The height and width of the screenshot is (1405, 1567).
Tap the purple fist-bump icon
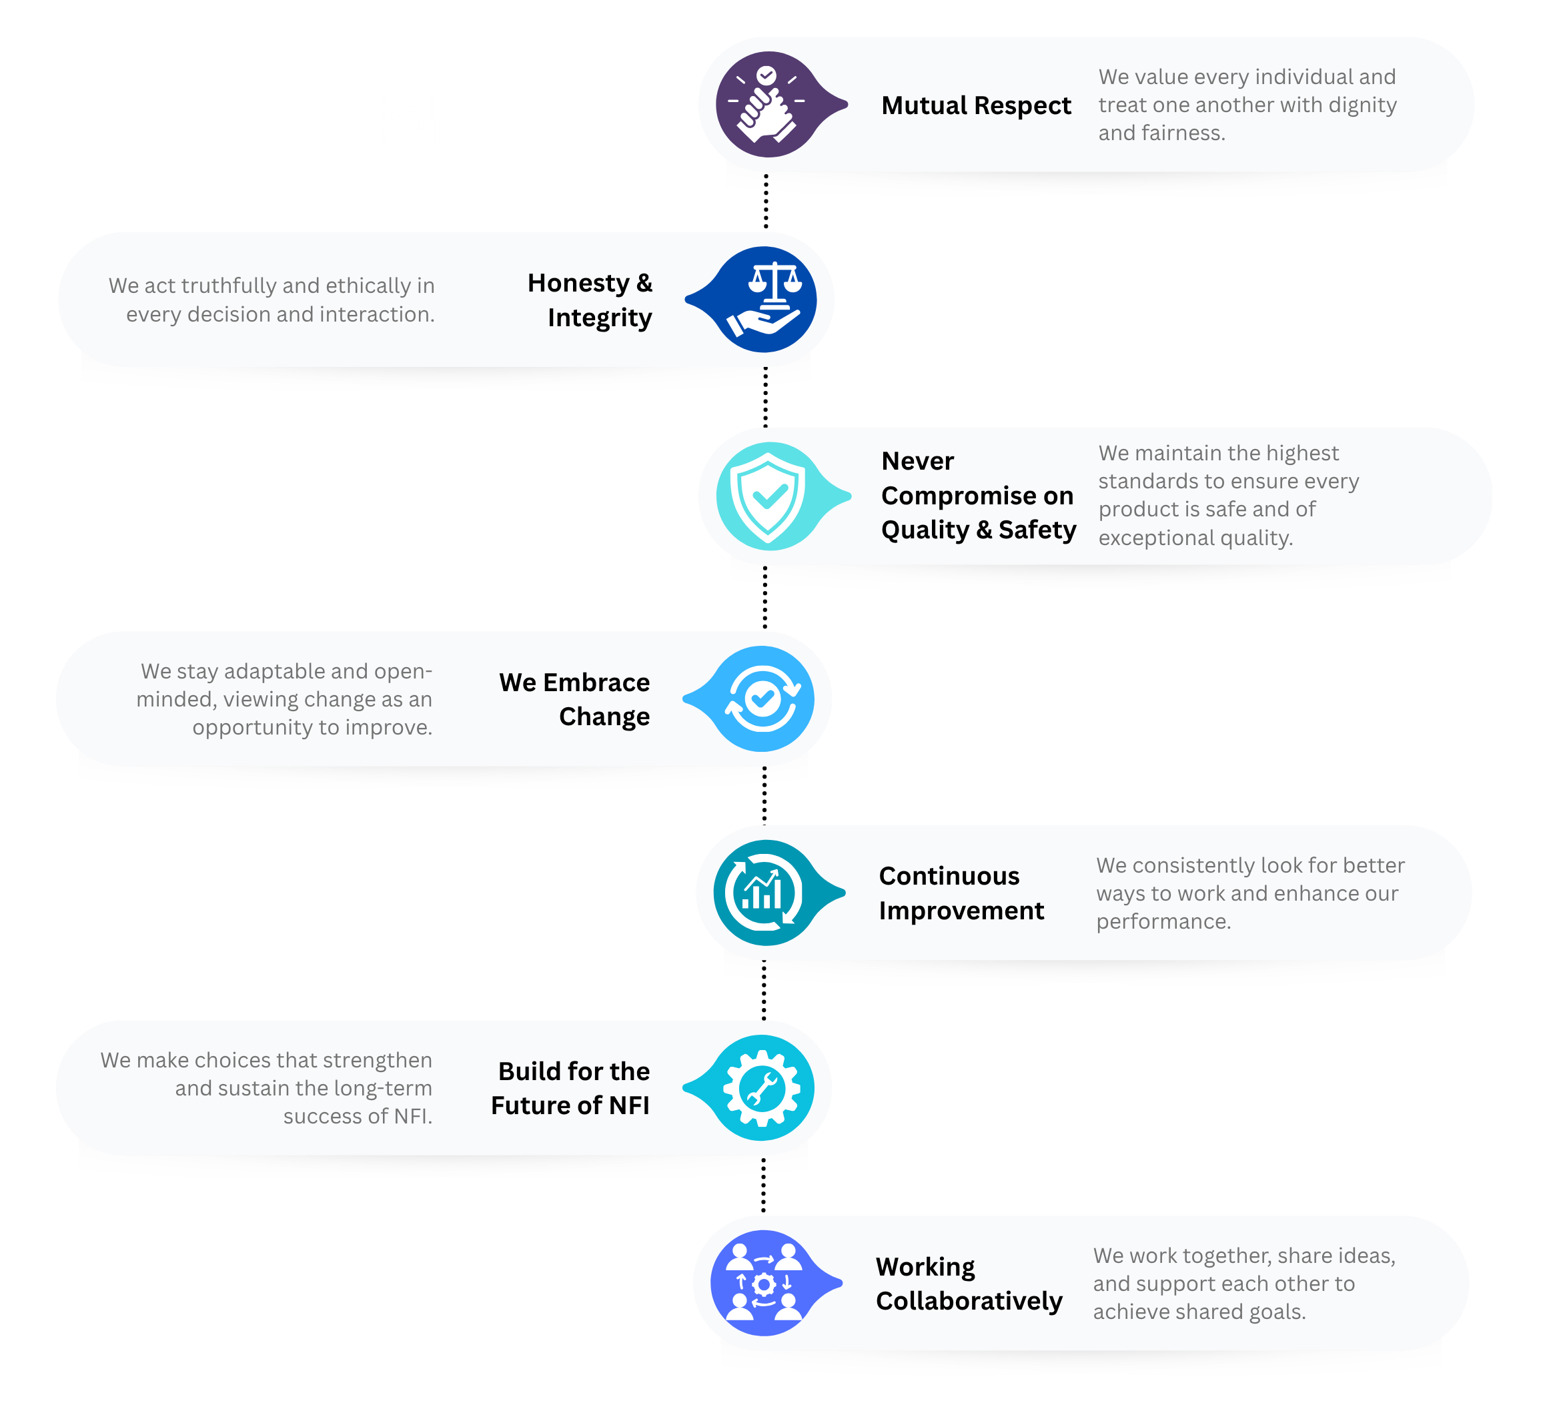[x=768, y=105]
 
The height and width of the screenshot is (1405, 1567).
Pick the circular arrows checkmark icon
[x=762, y=699]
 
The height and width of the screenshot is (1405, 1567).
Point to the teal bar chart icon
[x=764, y=893]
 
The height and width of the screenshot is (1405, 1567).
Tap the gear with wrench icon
[x=762, y=1087]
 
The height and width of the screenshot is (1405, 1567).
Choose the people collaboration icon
[x=763, y=1283]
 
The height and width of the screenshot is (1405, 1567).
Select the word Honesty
[x=578, y=284]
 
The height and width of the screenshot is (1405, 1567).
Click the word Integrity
[x=600, y=318]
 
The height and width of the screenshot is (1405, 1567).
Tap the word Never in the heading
[x=917, y=461]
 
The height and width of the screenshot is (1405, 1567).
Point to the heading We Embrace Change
[x=574, y=699]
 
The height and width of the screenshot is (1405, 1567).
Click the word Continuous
[x=949, y=876]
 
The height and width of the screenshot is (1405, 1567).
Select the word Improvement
[x=961, y=911]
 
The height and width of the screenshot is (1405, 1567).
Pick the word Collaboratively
[x=969, y=1301]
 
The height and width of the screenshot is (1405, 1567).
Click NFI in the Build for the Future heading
[x=628, y=1105]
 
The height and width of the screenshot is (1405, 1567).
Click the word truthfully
[x=229, y=286]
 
